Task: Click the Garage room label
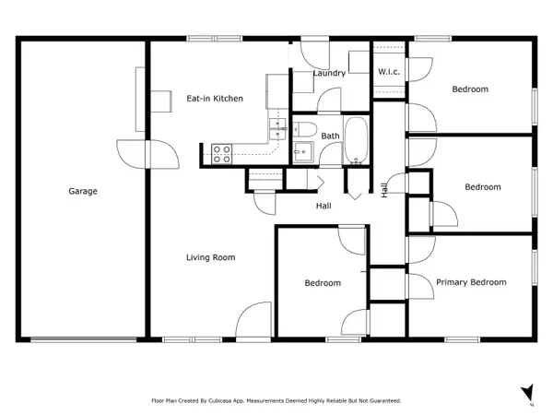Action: click(83, 191)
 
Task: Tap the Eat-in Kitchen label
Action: click(215, 99)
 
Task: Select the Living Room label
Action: click(210, 257)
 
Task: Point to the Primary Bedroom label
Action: click(471, 282)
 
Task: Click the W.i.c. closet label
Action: click(389, 72)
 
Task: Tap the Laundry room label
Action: click(329, 73)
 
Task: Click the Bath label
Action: click(330, 136)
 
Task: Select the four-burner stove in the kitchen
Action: click(221, 154)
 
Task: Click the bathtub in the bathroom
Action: click(356, 140)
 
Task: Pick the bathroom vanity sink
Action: click(303, 152)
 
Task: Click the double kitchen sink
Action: click(277, 129)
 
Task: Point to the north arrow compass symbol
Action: click(527, 393)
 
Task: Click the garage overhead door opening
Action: click(84, 339)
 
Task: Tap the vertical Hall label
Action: click(384, 190)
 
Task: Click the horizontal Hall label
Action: click(324, 206)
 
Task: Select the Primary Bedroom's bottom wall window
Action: click(463, 339)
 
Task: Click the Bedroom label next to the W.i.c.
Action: click(470, 89)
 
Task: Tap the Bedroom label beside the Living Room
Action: click(323, 283)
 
